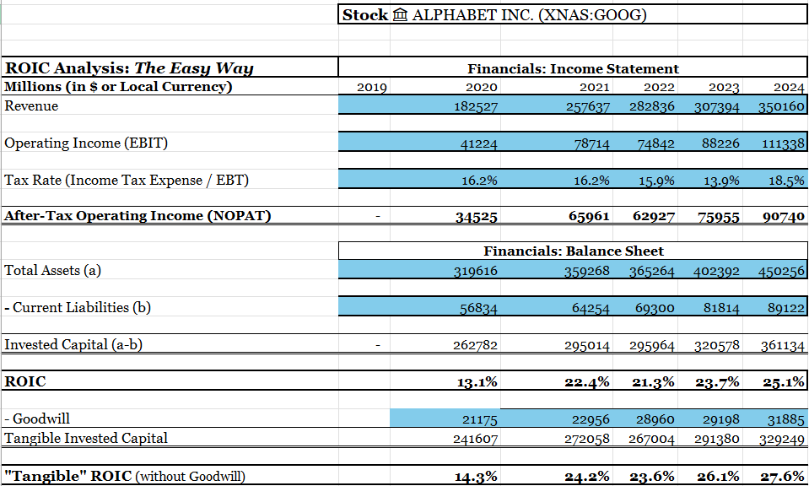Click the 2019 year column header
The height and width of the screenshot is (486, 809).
pyautogui.click(x=372, y=87)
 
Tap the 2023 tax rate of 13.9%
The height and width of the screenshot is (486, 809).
pyautogui.click(x=720, y=181)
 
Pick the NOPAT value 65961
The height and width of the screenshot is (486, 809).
pyautogui.click(x=589, y=216)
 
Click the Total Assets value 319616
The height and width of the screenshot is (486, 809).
pyautogui.click(x=477, y=271)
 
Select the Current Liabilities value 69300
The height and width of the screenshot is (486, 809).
pyautogui.click(x=655, y=308)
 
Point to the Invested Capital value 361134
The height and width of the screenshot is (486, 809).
pyautogui.click(x=784, y=345)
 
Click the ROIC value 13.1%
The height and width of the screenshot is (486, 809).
pyautogui.click(x=476, y=382)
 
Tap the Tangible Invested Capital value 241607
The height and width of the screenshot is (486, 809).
pyautogui.click(x=477, y=439)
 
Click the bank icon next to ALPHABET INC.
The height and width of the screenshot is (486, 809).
pyautogui.click(x=401, y=15)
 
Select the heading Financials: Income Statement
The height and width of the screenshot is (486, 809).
pyautogui.click(x=573, y=68)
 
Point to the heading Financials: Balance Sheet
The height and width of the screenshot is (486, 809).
pyautogui.click(x=573, y=251)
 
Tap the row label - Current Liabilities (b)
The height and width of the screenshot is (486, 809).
pyautogui.click(x=78, y=307)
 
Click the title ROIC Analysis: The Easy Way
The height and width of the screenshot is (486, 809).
pyautogui.click(x=129, y=68)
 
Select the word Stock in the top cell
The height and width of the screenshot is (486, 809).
pyautogui.click(x=365, y=15)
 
